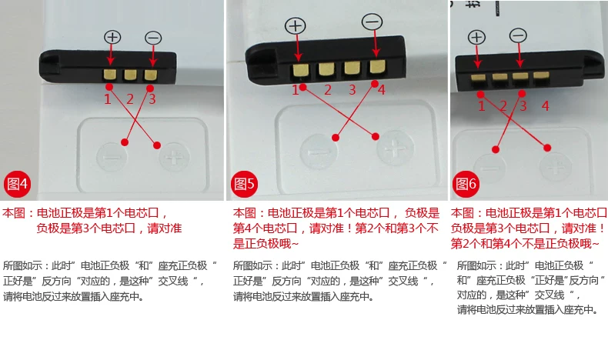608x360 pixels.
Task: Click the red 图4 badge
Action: (18, 183)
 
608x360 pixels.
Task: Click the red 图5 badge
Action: (245, 183)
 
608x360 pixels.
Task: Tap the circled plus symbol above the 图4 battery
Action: (113, 37)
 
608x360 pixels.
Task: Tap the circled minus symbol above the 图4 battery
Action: (153, 37)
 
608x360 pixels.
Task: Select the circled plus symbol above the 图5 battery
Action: (296, 25)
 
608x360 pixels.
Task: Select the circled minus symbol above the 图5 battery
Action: (372, 22)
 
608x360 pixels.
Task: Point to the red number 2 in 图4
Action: (130, 98)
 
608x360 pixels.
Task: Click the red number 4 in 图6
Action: (545, 106)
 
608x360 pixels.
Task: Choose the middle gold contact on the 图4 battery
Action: (130, 75)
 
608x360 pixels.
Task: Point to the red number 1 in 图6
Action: (482, 106)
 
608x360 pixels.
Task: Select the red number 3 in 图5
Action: (352, 90)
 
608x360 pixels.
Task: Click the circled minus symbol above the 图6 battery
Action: (519, 35)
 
